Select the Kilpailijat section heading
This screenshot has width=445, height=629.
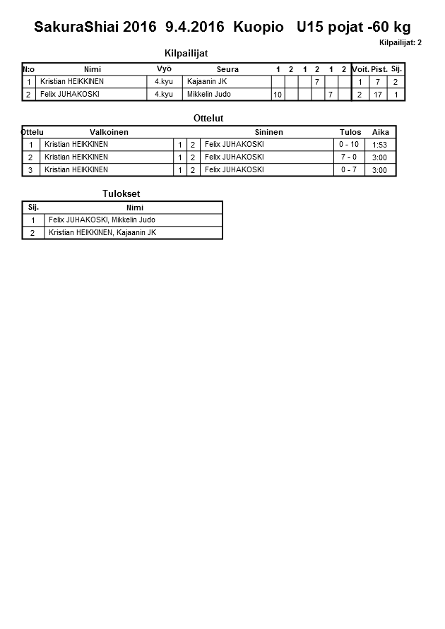click(x=186, y=53)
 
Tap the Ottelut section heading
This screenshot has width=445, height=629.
click(x=208, y=118)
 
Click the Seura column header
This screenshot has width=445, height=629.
click(x=227, y=69)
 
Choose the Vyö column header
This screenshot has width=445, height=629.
click(x=164, y=69)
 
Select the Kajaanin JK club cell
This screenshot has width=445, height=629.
click(x=207, y=82)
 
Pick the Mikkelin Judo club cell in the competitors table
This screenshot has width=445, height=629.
click(x=210, y=94)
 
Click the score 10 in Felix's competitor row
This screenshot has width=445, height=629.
click(x=277, y=95)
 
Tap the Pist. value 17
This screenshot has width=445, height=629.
click(x=379, y=95)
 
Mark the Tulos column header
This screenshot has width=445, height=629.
click(x=350, y=132)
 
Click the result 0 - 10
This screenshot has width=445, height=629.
click(x=349, y=145)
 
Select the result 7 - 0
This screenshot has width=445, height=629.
click(x=349, y=157)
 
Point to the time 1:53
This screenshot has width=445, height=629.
click(x=380, y=145)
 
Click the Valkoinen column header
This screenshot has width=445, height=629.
click(x=109, y=132)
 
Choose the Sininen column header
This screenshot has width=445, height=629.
click(x=268, y=132)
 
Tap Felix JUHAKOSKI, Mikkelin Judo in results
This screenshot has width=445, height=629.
click(x=102, y=220)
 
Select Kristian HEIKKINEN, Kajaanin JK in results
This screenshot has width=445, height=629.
click(x=102, y=232)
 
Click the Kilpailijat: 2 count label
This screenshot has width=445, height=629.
click(x=400, y=42)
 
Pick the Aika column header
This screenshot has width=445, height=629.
click(x=381, y=132)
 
